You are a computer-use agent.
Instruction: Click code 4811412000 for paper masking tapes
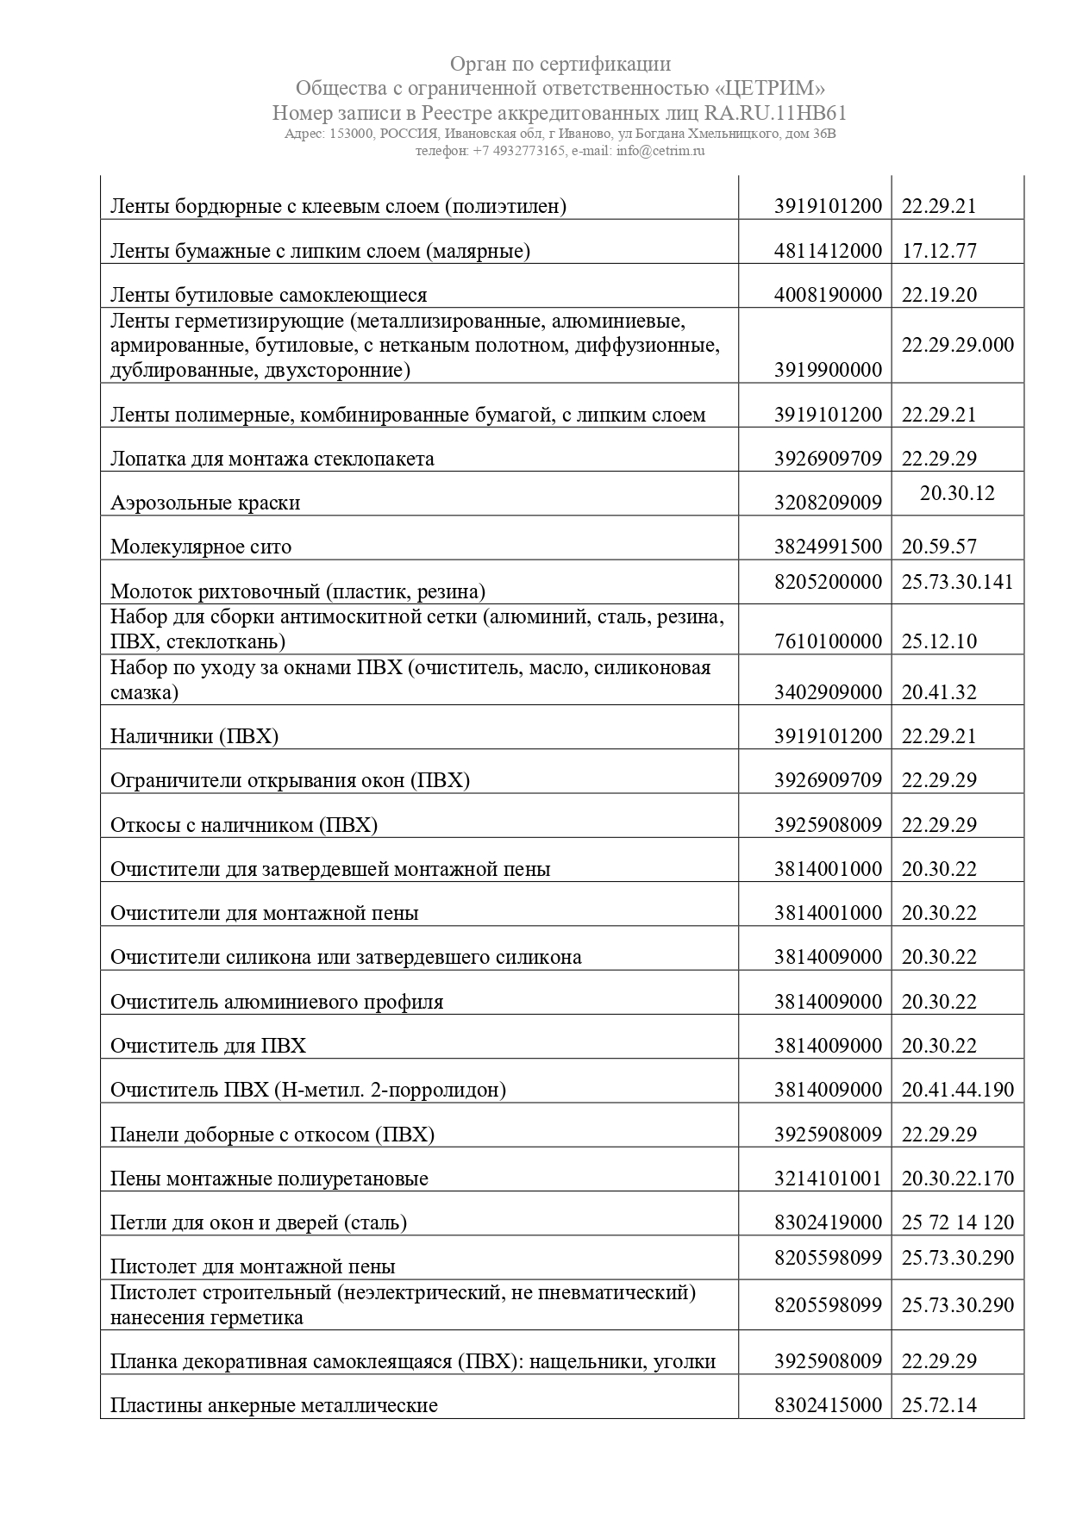(x=828, y=251)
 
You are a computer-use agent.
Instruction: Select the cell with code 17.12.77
(x=939, y=251)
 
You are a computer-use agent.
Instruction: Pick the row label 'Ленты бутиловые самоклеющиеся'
(x=268, y=295)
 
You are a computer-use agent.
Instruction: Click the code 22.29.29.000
(x=957, y=345)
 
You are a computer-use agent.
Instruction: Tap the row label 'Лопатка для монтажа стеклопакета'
(x=272, y=459)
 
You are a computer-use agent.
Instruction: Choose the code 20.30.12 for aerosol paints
(x=957, y=493)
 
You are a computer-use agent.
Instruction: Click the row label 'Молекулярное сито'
(x=201, y=547)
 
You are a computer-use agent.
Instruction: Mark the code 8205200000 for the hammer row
(x=828, y=582)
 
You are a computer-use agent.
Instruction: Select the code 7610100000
(x=828, y=641)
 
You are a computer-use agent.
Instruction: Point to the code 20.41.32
(x=939, y=692)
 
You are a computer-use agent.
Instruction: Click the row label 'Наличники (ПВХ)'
(x=194, y=736)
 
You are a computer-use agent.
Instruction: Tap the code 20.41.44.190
(x=957, y=1090)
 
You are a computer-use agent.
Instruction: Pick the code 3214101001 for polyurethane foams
(x=828, y=1179)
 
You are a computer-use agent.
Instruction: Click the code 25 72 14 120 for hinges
(x=957, y=1222)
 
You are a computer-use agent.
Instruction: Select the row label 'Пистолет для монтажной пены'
(x=253, y=1266)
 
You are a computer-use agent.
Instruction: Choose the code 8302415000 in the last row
(x=828, y=1405)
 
